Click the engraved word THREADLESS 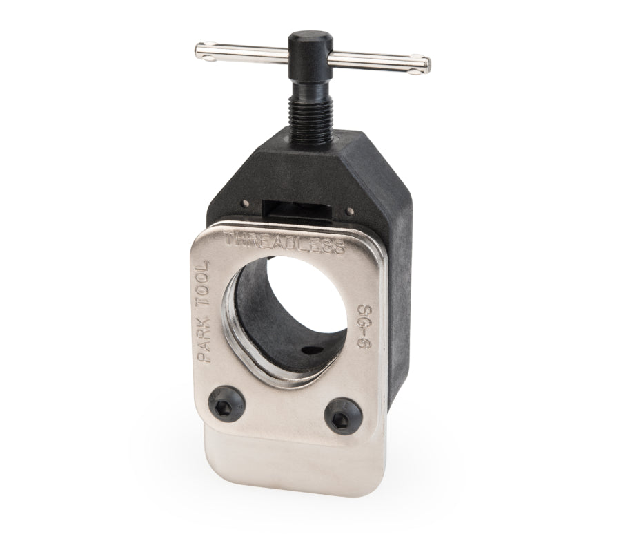[x=284, y=242]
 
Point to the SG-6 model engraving [x=364, y=327]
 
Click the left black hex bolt [x=226, y=403]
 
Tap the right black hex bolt [x=343, y=417]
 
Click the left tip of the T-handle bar [x=196, y=51]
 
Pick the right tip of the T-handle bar [x=429, y=65]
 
